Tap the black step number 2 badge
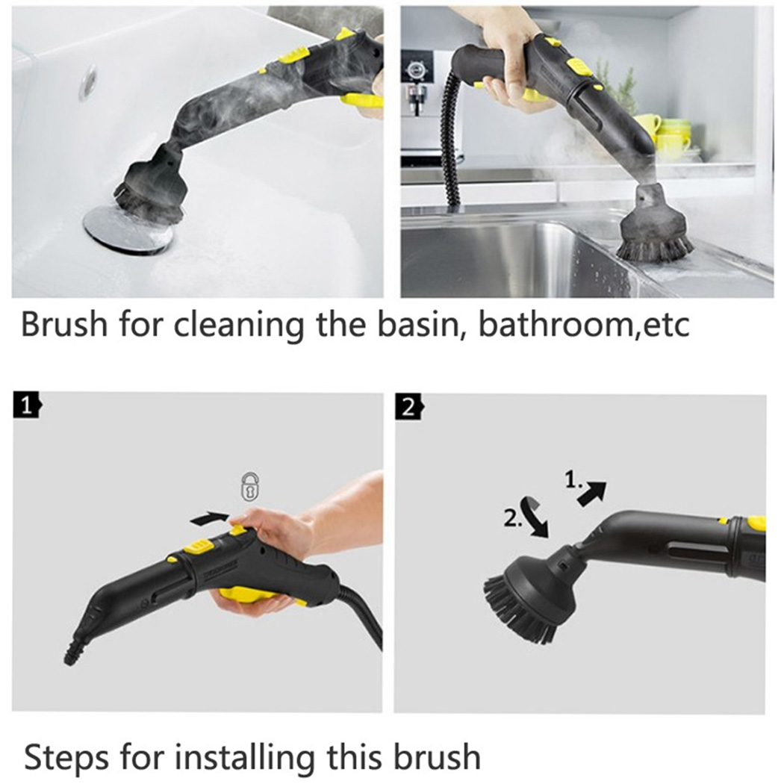[x=409, y=408]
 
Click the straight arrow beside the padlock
[x=210, y=518]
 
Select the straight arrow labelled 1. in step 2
[x=592, y=494]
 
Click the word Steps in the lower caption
[x=66, y=758]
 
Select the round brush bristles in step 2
[x=519, y=608]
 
